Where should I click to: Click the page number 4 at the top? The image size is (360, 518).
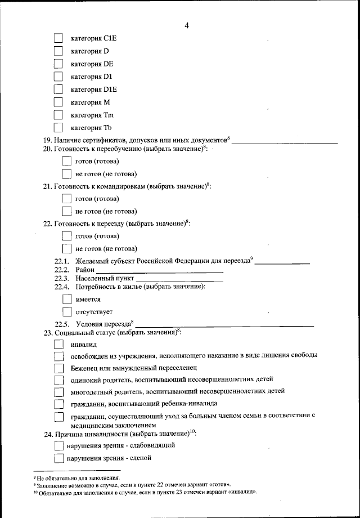click(x=186, y=25)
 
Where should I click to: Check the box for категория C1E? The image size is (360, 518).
click(x=58, y=38)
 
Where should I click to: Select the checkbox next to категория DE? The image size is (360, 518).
click(x=58, y=64)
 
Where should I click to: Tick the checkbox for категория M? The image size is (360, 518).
click(x=58, y=102)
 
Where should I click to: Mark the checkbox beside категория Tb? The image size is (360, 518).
click(x=58, y=128)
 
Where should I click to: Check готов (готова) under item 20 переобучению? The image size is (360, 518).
click(x=66, y=162)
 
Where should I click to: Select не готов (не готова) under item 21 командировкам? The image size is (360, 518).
click(x=66, y=212)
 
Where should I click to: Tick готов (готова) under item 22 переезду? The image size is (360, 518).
click(x=66, y=236)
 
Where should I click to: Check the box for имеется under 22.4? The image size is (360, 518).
click(x=66, y=300)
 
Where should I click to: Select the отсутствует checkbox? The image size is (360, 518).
click(x=66, y=311)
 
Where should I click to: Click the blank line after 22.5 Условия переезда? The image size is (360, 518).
click(x=224, y=324)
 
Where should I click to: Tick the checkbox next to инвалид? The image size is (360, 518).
click(x=58, y=344)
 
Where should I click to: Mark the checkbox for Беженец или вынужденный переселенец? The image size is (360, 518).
click(x=58, y=368)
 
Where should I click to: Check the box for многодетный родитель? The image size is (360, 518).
click(x=58, y=392)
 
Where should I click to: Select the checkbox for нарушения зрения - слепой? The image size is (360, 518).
click(x=58, y=458)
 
